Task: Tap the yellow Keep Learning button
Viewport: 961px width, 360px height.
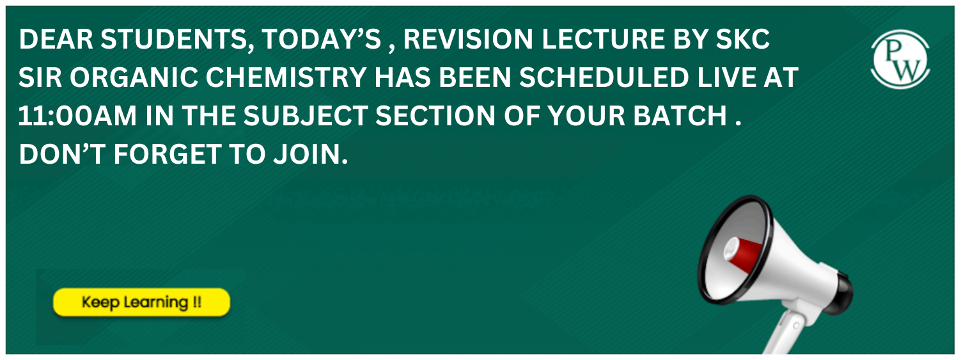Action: [x=141, y=302]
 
